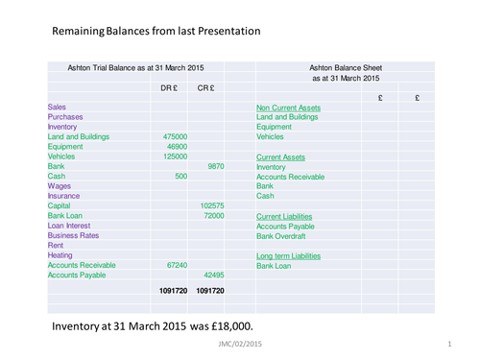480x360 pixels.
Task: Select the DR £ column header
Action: [x=169, y=88]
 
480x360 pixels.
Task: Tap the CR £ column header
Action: [x=205, y=88]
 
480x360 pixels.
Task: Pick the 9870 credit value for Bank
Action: [x=215, y=166]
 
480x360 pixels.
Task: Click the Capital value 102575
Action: [x=211, y=205]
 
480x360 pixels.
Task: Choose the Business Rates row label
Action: [x=75, y=234]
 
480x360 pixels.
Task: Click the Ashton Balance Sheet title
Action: [x=347, y=68]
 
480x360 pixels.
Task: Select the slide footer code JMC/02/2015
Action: [x=240, y=344]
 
